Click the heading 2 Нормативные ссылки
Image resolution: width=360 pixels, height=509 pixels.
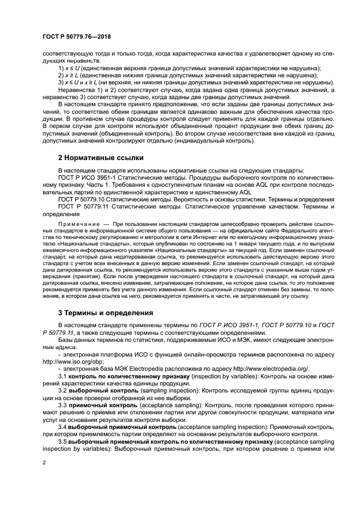coord(101,158)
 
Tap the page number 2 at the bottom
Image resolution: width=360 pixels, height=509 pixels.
coord(44,463)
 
